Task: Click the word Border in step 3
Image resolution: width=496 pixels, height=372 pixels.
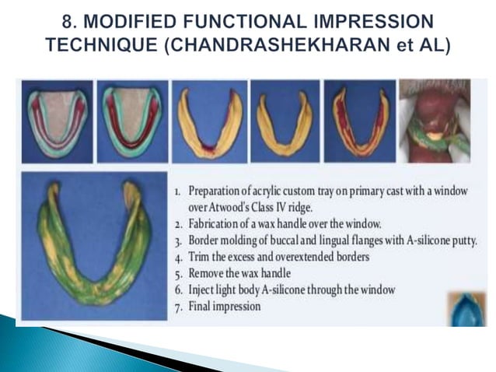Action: (x=206, y=240)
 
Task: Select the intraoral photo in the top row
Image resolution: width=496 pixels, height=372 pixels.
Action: (x=433, y=121)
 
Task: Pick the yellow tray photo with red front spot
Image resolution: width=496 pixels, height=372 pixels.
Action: (x=207, y=121)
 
